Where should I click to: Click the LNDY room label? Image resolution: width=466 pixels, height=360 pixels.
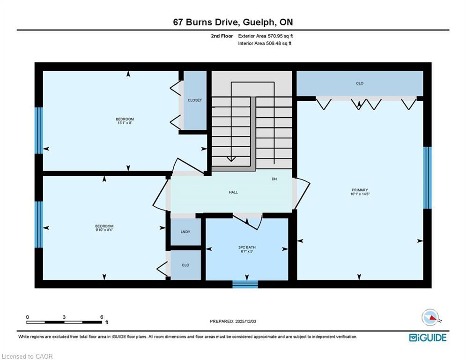coord(185,232)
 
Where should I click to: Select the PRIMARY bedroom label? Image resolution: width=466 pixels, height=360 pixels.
coord(359,190)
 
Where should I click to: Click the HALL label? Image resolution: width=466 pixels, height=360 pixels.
coord(233,192)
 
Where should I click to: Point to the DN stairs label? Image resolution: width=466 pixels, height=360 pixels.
coord(275,179)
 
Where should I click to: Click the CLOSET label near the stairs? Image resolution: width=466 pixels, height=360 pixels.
coord(195,100)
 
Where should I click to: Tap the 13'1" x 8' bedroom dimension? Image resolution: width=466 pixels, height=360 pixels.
coord(125,123)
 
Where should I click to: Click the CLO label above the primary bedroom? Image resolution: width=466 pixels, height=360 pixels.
coord(360,83)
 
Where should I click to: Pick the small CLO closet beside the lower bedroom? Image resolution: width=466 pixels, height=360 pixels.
coord(185,265)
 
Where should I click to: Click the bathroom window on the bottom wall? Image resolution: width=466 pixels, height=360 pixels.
coord(245,284)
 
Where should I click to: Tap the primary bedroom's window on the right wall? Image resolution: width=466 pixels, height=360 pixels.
coord(427,178)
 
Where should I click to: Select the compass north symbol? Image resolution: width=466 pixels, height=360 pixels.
coord(430,317)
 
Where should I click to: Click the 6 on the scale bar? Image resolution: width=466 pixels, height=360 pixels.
coord(102,317)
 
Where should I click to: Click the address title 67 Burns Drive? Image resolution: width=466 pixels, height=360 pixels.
coord(233,22)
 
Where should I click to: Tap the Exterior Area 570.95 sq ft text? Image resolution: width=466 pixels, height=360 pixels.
coord(266,36)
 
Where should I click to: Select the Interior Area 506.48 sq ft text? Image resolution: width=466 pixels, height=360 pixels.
coord(265,44)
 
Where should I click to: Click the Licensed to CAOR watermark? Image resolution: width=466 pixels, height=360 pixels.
coord(28,356)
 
